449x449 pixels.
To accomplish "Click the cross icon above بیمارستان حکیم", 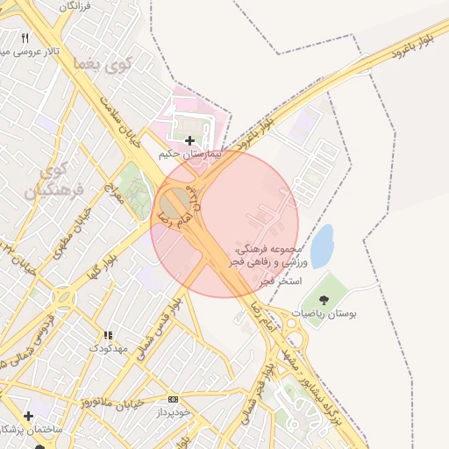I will pos(190,139).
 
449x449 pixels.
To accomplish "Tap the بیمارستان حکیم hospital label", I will pos(186,153).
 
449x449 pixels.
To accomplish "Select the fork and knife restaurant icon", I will pos(25,39).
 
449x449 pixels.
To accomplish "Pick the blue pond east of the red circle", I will pos(322,246).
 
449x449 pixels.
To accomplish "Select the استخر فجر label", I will pos(282,282).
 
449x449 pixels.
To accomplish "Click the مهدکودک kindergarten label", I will pos(109,348).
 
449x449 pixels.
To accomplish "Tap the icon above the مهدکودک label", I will pos(109,335).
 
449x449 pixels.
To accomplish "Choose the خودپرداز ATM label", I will pos(175,411).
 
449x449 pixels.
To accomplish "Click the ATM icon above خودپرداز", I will pos(173,398).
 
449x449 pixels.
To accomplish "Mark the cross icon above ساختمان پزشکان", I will pos(28,415).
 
